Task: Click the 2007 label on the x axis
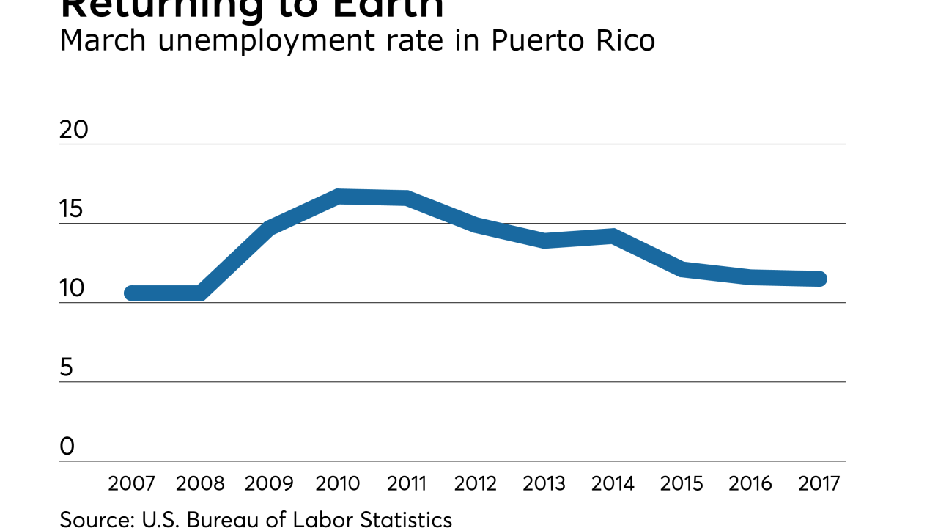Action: coord(132,484)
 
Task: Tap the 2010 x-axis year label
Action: coord(338,484)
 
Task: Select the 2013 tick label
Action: coord(544,484)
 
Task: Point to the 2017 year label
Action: coord(819,484)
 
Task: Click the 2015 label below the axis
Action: coord(682,484)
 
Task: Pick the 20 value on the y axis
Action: coord(73,130)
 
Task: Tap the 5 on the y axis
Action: coord(67,367)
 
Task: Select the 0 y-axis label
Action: coord(67,447)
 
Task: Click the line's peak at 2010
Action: coord(339,197)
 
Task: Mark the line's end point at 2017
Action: coord(820,279)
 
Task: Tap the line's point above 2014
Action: coord(613,236)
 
